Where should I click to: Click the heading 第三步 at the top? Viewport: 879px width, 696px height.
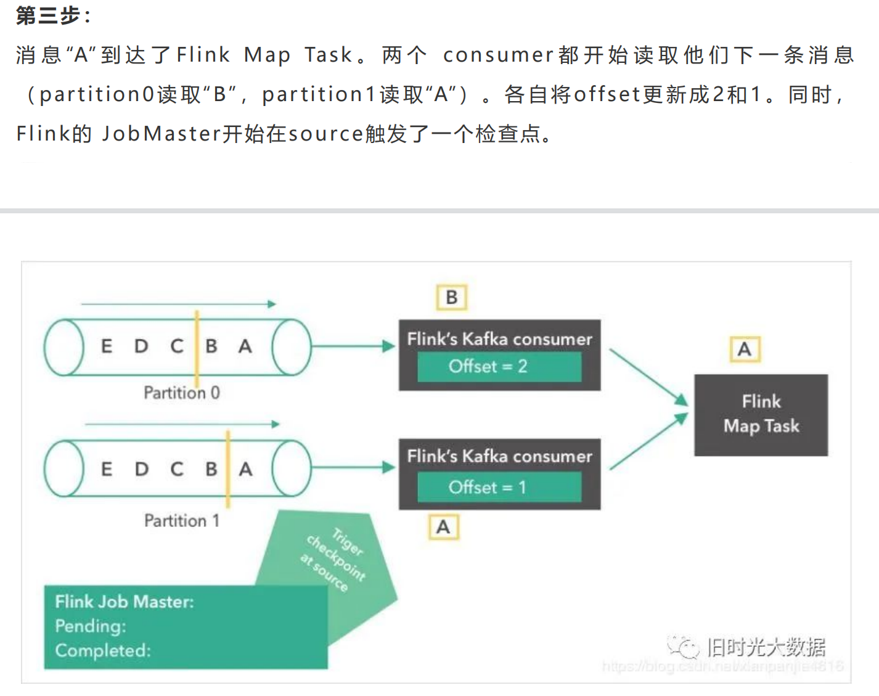(49, 15)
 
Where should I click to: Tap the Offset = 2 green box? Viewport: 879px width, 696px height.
(499, 367)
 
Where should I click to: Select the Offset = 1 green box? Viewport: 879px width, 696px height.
(499, 488)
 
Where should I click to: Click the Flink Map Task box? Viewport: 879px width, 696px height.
(761, 414)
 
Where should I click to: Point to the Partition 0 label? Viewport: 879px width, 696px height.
(181, 393)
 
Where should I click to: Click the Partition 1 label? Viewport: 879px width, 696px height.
(181, 521)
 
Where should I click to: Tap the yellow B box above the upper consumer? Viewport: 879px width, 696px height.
(451, 298)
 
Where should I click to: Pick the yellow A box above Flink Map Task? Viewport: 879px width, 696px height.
(745, 350)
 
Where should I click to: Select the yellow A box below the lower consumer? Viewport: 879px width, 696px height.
(443, 528)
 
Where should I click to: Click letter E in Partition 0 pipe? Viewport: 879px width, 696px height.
(107, 346)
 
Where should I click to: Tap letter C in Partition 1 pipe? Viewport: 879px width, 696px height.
(177, 470)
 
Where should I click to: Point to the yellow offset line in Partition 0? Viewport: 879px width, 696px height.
(197, 348)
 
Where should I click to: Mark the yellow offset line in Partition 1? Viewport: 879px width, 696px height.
(228, 469)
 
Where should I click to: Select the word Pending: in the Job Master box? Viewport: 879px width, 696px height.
(91, 626)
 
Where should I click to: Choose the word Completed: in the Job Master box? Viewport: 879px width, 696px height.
(103, 651)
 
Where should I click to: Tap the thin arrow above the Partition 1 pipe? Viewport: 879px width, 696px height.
(182, 424)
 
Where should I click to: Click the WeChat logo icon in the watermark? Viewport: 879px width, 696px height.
(684, 647)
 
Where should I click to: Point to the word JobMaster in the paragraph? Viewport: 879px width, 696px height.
(161, 134)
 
